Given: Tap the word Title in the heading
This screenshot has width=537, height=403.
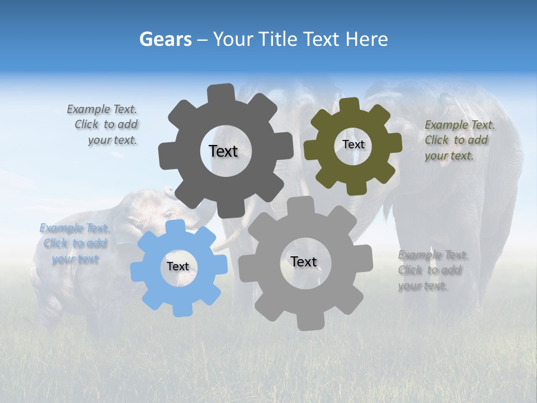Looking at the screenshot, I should (278, 39).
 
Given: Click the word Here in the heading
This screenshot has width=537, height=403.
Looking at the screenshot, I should (366, 39).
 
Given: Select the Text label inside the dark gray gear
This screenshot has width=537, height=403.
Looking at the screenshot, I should (223, 151).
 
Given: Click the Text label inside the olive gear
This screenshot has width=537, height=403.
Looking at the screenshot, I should (353, 144).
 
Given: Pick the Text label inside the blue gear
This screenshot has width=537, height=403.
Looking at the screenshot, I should (178, 266).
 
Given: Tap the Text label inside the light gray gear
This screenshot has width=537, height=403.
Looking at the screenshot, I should (304, 261).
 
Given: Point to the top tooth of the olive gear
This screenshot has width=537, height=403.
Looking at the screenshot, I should (349, 105).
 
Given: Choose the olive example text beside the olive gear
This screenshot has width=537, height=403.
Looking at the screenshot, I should (459, 140).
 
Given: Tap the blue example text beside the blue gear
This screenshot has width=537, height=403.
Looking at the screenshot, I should (74, 243).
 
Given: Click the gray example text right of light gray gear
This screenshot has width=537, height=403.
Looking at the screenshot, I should (432, 270).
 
